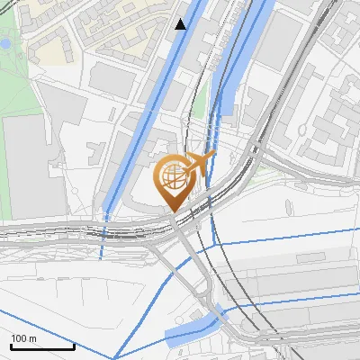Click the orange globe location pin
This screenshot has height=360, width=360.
click(174, 181)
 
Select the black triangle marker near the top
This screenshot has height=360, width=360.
click(181, 24)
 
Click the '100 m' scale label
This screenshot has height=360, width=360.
click(24, 337)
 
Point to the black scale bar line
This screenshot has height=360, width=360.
click(41, 346)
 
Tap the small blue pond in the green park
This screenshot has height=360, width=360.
click(5, 42)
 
